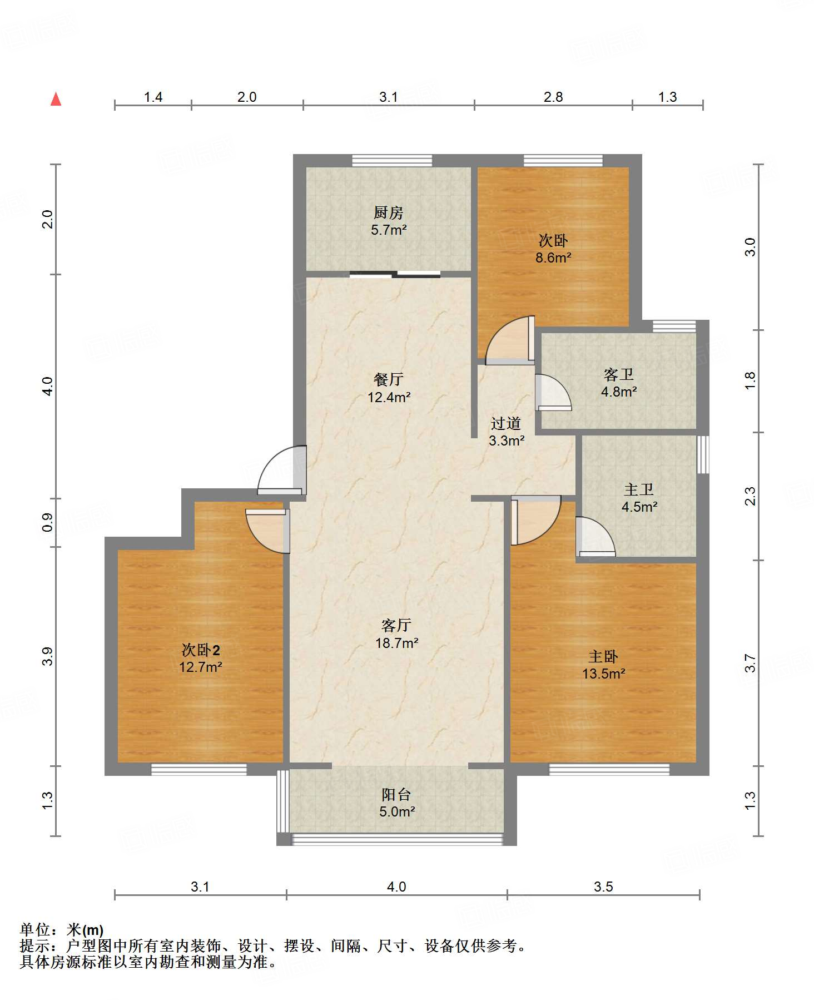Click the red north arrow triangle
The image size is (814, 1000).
click(x=56, y=100)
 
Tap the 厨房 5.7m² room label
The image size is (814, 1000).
click(x=389, y=221)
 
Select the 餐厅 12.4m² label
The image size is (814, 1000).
click(x=389, y=388)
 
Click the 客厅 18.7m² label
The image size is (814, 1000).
click(x=396, y=634)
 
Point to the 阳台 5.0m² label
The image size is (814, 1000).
click(x=396, y=803)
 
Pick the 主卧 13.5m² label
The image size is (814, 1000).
click(x=603, y=665)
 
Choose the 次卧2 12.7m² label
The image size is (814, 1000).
click(x=200, y=659)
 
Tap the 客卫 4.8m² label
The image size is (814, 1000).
click(x=618, y=383)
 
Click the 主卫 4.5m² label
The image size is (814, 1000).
click(x=639, y=498)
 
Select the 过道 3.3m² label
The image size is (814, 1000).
click(x=506, y=432)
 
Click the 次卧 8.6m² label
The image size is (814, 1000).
click(x=553, y=249)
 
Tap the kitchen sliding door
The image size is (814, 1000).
click(x=395, y=274)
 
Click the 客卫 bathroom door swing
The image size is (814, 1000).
click(x=553, y=393)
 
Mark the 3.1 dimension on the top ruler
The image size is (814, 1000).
click(x=388, y=97)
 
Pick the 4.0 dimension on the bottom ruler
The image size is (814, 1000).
click(x=396, y=887)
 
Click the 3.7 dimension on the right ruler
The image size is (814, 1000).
click(x=750, y=663)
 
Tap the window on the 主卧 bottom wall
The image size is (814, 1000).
click(x=609, y=769)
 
